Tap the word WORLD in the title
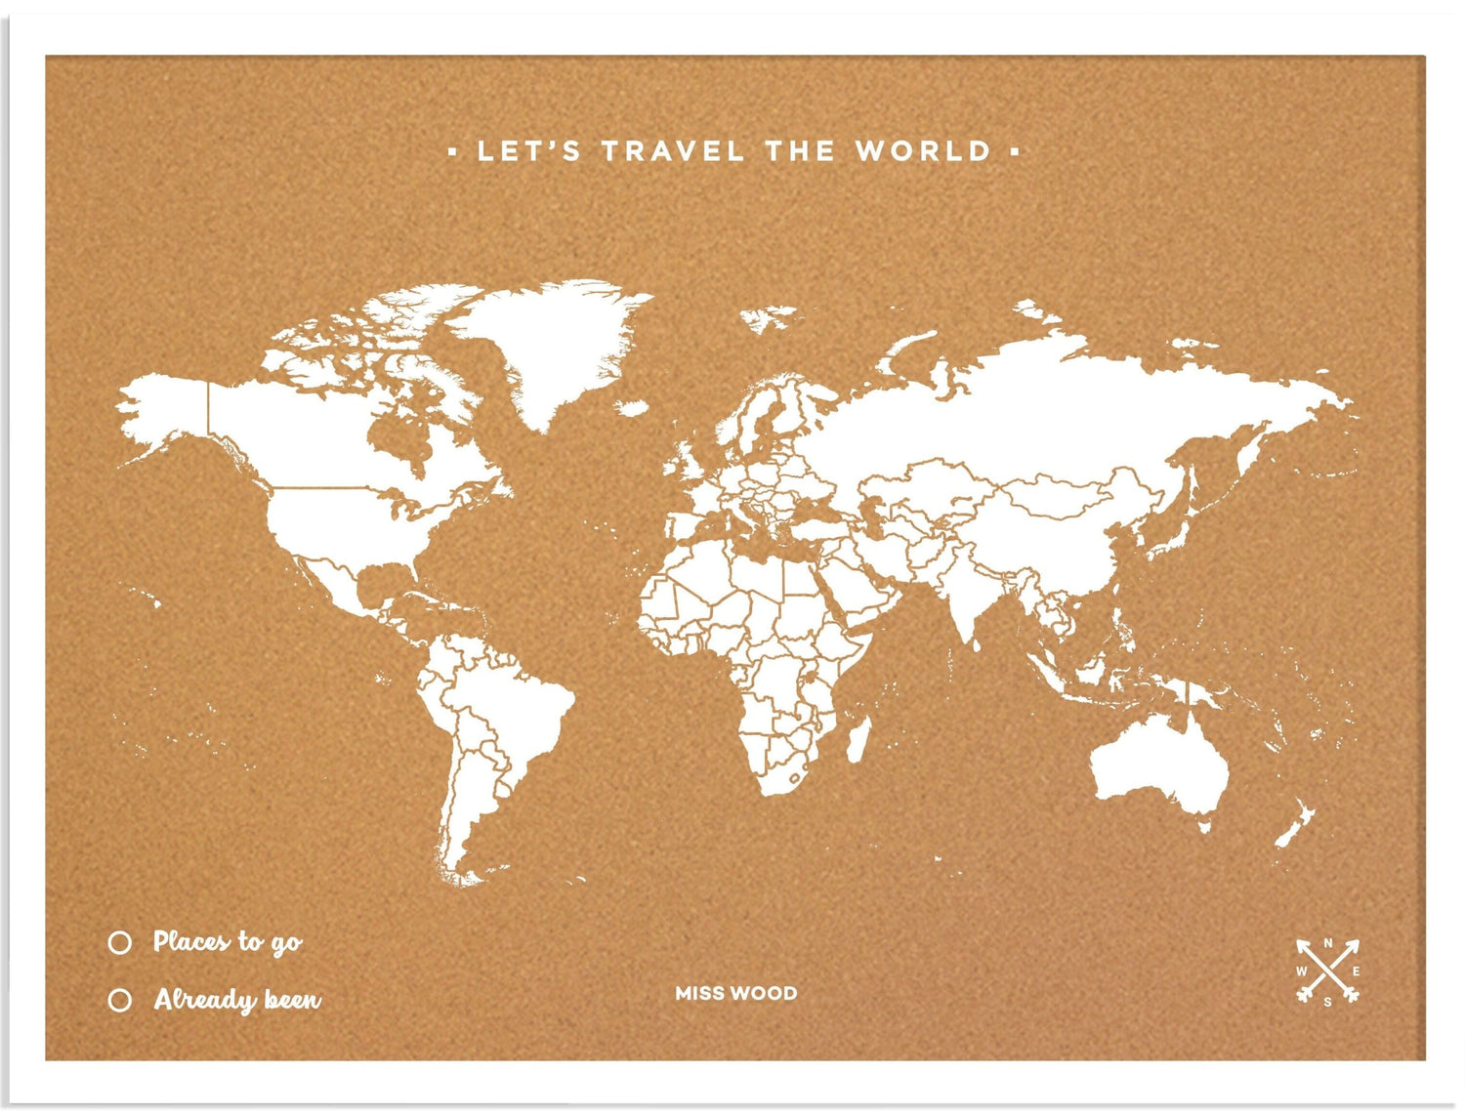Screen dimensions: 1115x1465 click(923, 151)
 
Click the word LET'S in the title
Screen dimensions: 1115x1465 click(528, 151)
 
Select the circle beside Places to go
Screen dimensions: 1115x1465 click(120, 942)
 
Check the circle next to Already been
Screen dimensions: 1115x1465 click(120, 1001)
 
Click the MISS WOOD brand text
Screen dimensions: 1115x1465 click(735, 993)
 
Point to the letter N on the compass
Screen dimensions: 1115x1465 click(1327, 943)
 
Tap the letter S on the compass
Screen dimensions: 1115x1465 click(1327, 1002)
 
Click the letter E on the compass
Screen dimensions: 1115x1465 click(1356, 971)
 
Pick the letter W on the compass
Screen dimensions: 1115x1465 click(1301, 971)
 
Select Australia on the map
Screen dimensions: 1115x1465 click(1157, 766)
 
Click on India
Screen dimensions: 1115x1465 click(967, 596)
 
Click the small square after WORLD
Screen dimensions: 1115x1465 click(1015, 151)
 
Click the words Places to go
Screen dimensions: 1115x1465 click(228, 942)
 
